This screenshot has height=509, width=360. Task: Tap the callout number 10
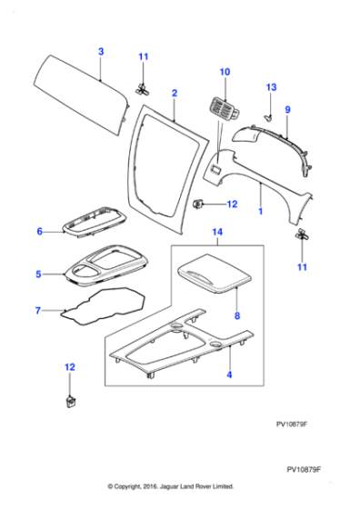point(225,70)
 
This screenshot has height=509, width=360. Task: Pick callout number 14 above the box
point(216,233)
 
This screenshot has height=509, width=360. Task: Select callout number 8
point(236,316)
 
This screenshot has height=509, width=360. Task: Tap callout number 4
point(229,374)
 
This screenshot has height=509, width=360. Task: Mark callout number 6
point(40,232)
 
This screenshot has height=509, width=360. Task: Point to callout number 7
point(38,311)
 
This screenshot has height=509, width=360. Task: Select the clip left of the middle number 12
point(200,205)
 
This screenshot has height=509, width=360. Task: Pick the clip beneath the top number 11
point(142,88)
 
